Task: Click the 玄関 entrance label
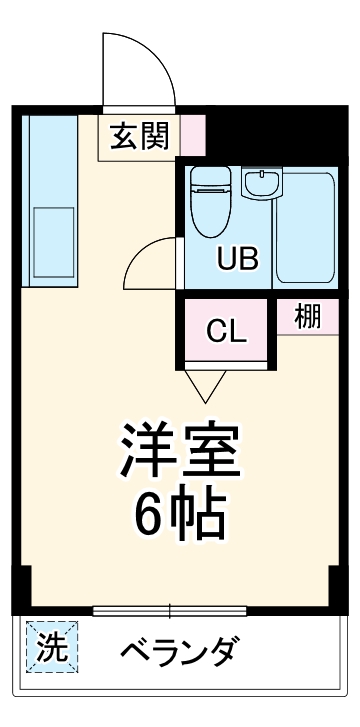point(139,133)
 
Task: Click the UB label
point(239,259)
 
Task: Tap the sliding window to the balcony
point(169,609)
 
